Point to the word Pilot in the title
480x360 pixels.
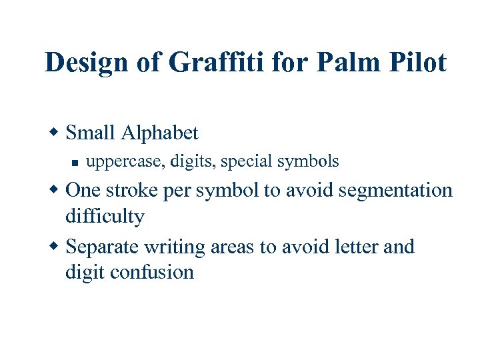(417, 63)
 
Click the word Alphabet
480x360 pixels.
(160, 133)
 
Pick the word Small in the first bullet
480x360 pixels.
(91, 133)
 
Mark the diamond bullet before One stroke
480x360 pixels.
(56, 190)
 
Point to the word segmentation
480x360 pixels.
(395, 191)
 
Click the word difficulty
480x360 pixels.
(105, 217)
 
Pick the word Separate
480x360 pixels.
(102, 247)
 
